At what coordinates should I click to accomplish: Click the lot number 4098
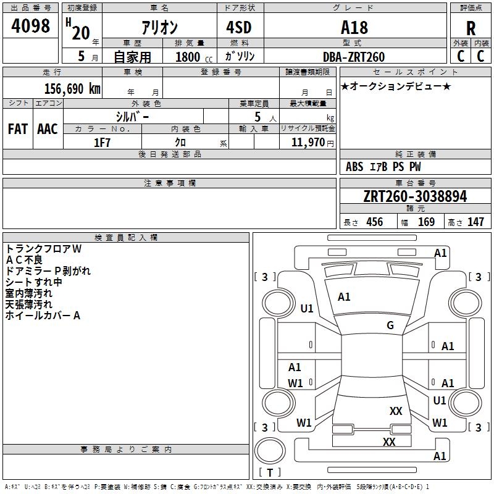[30, 26]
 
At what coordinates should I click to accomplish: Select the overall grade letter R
[471, 28]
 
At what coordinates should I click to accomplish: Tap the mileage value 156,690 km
[72, 89]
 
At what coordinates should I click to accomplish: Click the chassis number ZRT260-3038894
[415, 196]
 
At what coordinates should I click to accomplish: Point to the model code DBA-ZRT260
[354, 57]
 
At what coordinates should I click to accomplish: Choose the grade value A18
[354, 28]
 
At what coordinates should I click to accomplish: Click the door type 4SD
[239, 27]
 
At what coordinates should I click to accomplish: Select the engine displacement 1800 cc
[194, 57]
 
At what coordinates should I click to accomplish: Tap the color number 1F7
[102, 143]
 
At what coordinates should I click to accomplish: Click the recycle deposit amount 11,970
[308, 143]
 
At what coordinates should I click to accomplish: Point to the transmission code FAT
[18, 129]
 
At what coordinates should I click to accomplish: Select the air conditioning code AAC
[48, 129]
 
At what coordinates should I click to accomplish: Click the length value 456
[375, 222]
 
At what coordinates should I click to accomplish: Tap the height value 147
[475, 222]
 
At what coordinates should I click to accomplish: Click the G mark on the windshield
[390, 325]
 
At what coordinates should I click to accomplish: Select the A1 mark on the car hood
[344, 297]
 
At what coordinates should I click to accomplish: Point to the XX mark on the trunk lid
[396, 411]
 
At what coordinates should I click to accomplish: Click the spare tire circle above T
[270, 451]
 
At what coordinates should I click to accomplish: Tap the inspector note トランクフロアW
[43, 249]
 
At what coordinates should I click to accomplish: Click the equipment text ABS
[354, 167]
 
